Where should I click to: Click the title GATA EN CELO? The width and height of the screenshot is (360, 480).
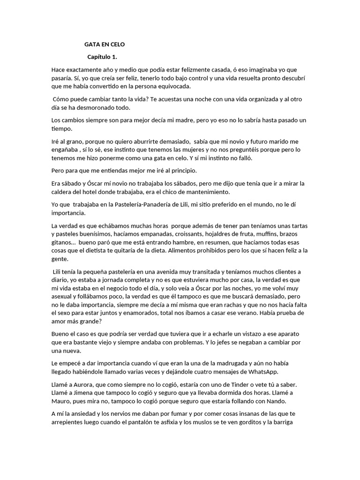(105, 45)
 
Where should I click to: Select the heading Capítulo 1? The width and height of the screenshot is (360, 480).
(102, 57)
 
